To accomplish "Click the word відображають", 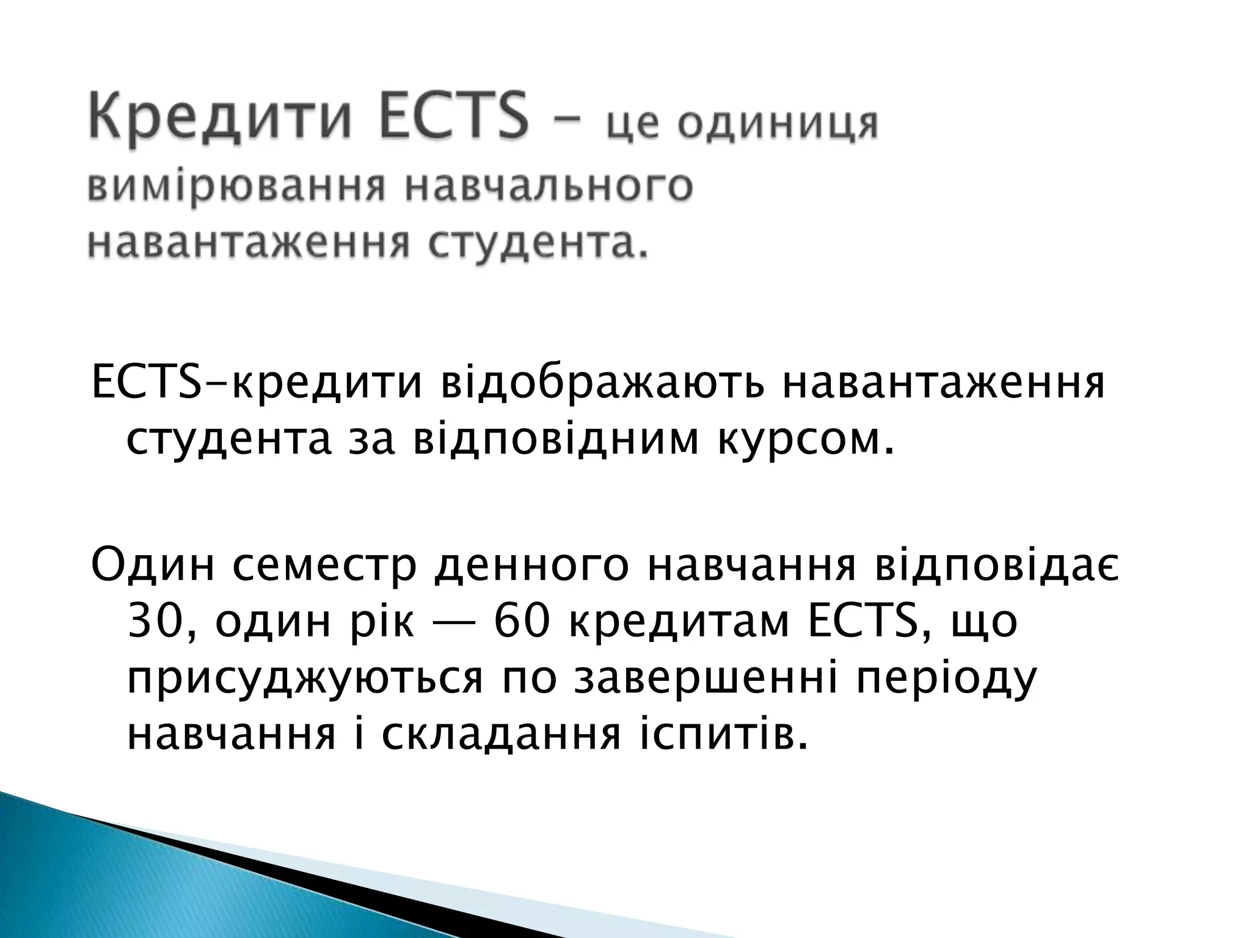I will pos(602,384).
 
